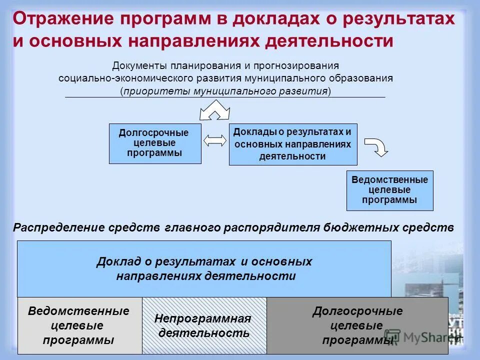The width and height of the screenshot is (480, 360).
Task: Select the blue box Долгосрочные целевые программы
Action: coord(155,143)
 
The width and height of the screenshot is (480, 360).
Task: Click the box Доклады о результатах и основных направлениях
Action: coord(293,144)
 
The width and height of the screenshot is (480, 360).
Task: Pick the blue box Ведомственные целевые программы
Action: coord(389,190)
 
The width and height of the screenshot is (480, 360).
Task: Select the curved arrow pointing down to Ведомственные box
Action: coord(376,146)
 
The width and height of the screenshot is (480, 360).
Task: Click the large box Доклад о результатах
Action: coord(204,269)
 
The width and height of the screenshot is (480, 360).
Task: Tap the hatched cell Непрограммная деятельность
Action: coord(204,326)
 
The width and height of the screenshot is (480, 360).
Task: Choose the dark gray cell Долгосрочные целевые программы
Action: coord(357,326)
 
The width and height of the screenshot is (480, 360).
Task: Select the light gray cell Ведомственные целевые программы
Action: coord(79,326)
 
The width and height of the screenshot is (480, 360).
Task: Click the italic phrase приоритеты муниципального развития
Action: coord(225,91)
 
